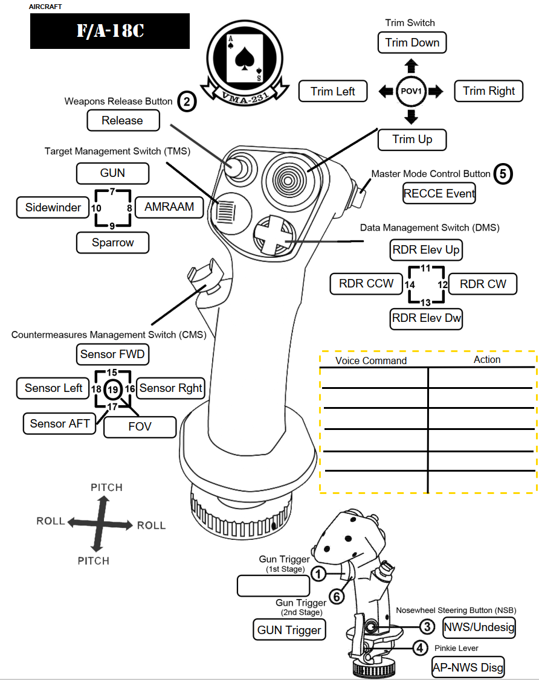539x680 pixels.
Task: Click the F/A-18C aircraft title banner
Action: point(110,31)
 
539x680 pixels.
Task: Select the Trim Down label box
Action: point(412,43)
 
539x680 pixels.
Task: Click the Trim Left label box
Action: point(333,91)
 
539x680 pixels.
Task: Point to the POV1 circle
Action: point(411,91)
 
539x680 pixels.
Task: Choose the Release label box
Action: point(123,120)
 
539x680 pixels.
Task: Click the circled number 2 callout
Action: point(187,101)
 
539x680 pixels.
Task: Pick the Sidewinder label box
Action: point(53,207)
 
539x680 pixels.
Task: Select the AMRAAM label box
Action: point(169,207)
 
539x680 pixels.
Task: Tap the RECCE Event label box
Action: point(439,194)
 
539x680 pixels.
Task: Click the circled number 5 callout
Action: point(503,173)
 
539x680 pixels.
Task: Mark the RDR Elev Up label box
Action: point(426,249)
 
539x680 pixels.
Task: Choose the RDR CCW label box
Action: point(366,283)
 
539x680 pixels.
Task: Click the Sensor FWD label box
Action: point(113,354)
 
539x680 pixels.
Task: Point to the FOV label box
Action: point(140,426)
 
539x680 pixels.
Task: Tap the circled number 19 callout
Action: point(113,390)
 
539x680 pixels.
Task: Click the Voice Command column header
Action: point(371,361)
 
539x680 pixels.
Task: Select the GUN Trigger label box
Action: point(289,630)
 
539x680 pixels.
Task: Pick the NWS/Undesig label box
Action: point(479,627)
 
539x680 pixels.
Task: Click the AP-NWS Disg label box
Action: point(468,667)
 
